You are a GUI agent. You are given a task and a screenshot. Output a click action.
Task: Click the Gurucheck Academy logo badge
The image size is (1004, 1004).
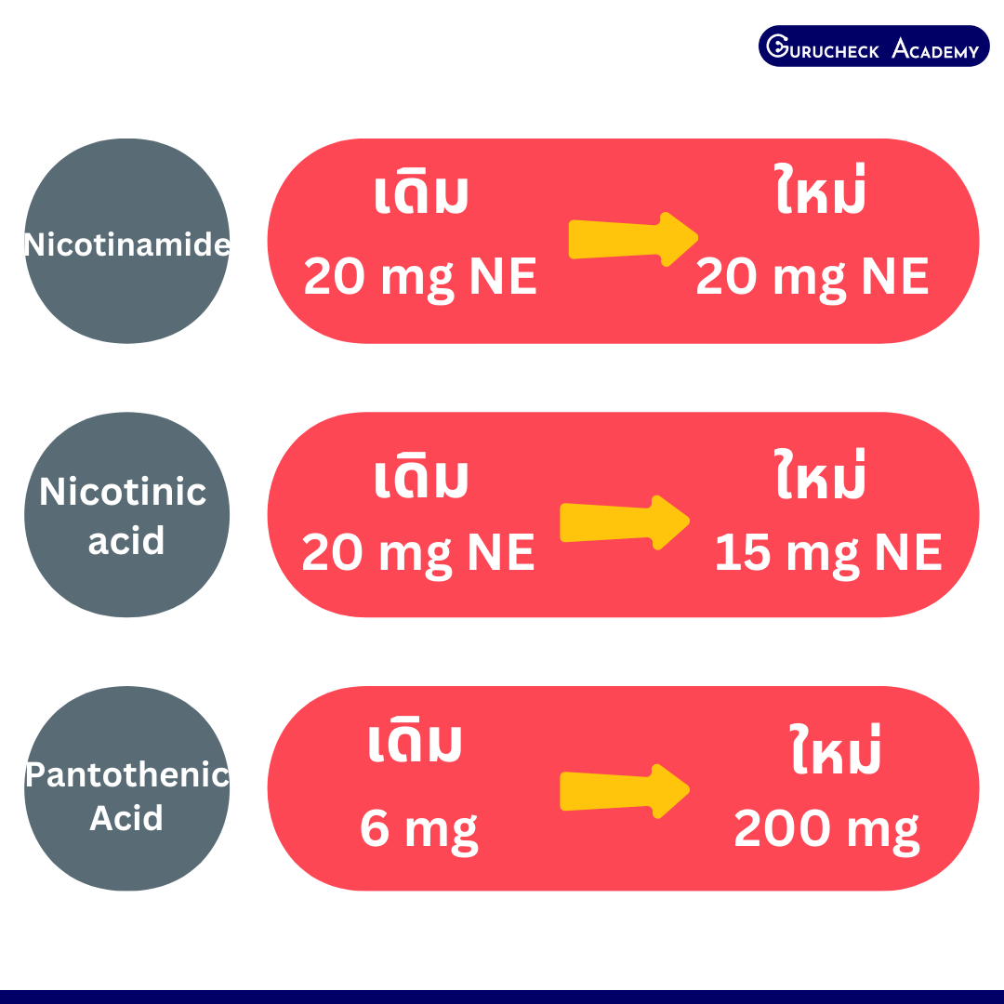[873, 46]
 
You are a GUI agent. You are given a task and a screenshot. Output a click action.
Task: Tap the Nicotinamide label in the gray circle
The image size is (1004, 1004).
[126, 244]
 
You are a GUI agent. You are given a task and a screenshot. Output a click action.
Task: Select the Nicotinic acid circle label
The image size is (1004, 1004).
[125, 516]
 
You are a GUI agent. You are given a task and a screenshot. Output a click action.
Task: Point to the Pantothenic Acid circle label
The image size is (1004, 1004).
[126, 796]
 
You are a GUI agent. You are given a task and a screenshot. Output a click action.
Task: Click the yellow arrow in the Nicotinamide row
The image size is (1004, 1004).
[633, 239]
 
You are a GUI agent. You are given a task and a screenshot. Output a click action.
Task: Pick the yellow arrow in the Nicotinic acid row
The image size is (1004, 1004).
[625, 522]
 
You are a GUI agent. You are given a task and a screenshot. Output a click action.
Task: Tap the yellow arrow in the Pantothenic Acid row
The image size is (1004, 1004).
[625, 791]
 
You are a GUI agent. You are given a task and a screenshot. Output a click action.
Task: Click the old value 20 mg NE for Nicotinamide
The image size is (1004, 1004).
[420, 277]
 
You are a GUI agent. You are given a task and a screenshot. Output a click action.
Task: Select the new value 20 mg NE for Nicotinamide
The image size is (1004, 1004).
[812, 277]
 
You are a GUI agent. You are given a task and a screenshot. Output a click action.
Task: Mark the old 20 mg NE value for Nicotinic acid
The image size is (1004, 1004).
[418, 554]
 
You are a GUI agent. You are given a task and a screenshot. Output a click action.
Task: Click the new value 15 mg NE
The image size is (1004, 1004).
[828, 554]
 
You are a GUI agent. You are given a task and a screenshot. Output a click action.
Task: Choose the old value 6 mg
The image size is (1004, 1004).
[418, 830]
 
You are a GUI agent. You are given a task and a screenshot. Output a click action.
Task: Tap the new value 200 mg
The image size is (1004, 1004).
[826, 830]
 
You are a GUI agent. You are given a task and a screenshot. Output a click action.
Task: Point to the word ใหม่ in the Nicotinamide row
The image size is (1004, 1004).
[820, 189]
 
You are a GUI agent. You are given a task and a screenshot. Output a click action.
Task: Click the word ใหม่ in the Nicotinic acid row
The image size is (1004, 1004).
[820, 474]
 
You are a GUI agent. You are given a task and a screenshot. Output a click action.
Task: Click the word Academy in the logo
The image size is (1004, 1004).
[935, 48]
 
